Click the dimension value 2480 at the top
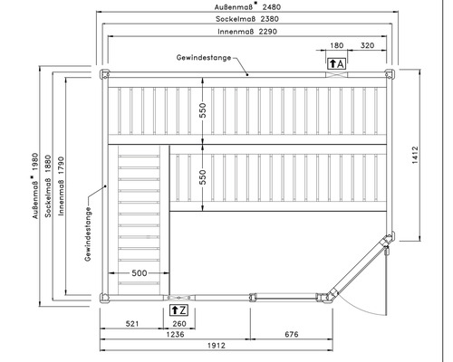pyautogui.click(x=272, y=6)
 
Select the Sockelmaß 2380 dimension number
pyautogui.click(x=269, y=19)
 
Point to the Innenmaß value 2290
pyautogui.click(x=267, y=32)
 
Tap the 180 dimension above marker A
pyautogui.click(x=337, y=45)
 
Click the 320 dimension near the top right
pyautogui.click(x=367, y=45)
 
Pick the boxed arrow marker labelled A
pyautogui.click(x=336, y=64)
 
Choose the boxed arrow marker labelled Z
pyautogui.click(x=178, y=310)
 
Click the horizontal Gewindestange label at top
pyautogui.click(x=204, y=58)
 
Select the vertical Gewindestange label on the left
pyautogui.click(x=88, y=233)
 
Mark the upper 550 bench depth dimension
pyautogui.click(x=203, y=110)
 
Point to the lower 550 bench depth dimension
pyautogui.click(x=203, y=177)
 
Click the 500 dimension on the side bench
pyautogui.click(x=140, y=273)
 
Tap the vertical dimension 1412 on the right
pyautogui.click(x=415, y=155)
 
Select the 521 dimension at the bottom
pyautogui.click(x=132, y=324)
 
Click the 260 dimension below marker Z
pyautogui.click(x=179, y=324)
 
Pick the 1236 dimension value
pyautogui.click(x=175, y=334)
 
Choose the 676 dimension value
pyautogui.click(x=292, y=334)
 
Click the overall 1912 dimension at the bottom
pyautogui.click(x=217, y=346)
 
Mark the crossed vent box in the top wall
pyautogui.click(x=336, y=74)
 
